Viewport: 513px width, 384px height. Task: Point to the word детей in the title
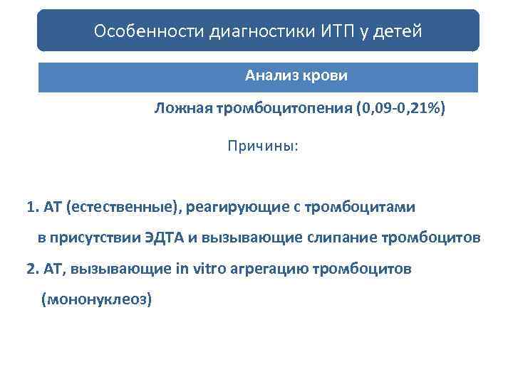pos(400,31)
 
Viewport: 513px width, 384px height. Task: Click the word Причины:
pos(263,146)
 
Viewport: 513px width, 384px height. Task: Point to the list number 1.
pos(32,208)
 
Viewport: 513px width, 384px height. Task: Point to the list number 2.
pos(32,270)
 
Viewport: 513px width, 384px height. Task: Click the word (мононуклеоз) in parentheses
pos(97,299)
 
